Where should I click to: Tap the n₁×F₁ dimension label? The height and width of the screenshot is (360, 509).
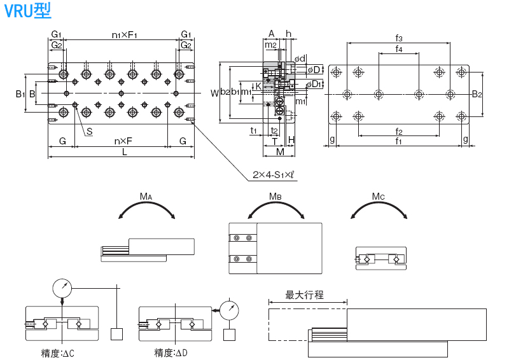pyautogui.click(x=125, y=34)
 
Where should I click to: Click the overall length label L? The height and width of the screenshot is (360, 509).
pyautogui.click(x=125, y=153)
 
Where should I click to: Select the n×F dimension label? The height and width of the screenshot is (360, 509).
pyautogui.click(x=123, y=141)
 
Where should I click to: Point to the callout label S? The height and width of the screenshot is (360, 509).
pyautogui.click(x=90, y=132)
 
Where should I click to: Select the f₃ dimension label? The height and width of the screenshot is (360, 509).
pyautogui.click(x=398, y=38)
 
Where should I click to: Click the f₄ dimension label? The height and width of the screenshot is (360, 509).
pyautogui.click(x=398, y=49)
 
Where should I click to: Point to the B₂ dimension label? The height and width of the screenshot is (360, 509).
pyautogui.click(x=477, y=94)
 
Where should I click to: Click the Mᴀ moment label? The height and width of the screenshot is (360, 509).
pyautogui.click(x=146, y=197)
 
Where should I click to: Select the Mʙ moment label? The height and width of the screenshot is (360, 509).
pyautogui.click(x=275, y=197)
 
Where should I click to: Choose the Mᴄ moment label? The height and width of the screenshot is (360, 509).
pyautogui.click(x=379, y=197)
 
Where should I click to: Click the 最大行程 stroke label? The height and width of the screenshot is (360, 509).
pyautogui.click(x=305, y=295)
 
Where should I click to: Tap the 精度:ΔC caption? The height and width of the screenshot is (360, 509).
pyautogui.click(x=57, y=352)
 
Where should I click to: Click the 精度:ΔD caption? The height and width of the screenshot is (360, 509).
pyautogui.click(x=172, y=352)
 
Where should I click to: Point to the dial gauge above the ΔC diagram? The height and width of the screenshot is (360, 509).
pyautogui.click(x=62, y=288)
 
